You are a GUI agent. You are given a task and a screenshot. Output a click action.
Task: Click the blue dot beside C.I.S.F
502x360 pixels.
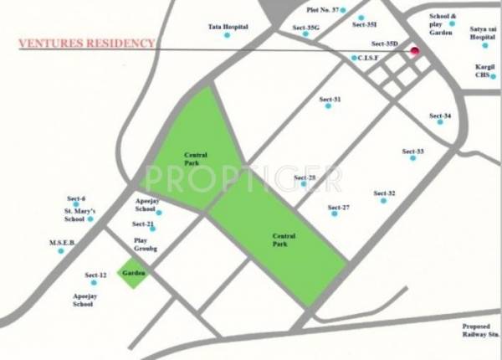(x=354, y=58)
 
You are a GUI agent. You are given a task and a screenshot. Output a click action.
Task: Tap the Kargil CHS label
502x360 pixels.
(x=484, y=70)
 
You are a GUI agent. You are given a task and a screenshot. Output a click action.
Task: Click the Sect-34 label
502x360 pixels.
(x=440, y=115)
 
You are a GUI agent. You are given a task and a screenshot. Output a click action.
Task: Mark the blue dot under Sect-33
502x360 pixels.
(x=412, y=158)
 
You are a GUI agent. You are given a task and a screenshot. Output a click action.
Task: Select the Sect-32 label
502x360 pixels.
(x=385, y=193)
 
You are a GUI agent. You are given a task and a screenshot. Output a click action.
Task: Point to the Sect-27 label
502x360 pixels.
(x=338, y=207)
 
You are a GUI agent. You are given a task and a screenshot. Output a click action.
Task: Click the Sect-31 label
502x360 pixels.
(x=330, y=100)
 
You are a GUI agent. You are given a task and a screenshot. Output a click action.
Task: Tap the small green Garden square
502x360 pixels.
(x=133, y=274)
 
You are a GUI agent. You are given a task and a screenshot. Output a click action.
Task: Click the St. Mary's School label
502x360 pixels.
(x=80, y=214)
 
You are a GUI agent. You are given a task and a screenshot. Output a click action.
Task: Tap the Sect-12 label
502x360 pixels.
(x=95, y=275)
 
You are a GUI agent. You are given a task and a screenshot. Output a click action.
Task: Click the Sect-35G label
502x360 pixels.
(x=306, y=27)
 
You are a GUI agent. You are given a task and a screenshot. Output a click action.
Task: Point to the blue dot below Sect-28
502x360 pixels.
(x=304, y=184)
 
